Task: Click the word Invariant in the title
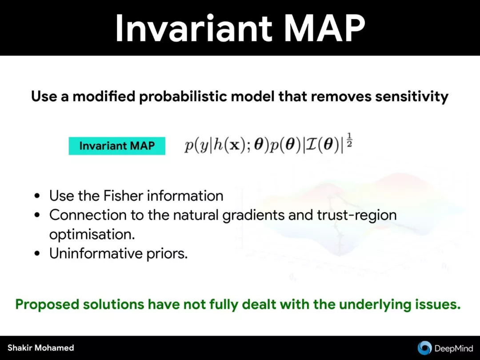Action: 194,28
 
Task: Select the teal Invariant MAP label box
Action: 117,146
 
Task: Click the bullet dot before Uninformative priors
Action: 37,253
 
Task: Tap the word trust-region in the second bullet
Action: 356,215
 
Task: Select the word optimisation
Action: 92,235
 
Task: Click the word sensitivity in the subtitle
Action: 412,97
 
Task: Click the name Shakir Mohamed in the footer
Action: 41,348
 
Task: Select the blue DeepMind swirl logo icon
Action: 424,348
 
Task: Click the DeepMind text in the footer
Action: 454,348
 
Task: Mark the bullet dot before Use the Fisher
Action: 37,196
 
